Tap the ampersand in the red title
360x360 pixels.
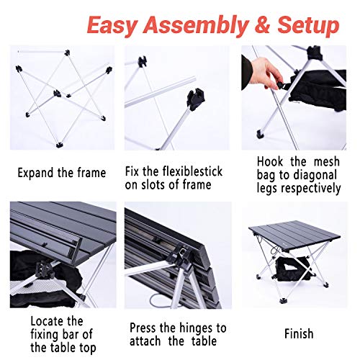261,24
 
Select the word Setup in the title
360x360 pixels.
308,26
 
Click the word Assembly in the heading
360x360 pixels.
195,26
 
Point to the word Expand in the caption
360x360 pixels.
36,174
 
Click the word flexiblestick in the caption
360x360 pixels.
192,171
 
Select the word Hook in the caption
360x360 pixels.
270,161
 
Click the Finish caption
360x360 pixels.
299,334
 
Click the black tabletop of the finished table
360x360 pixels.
294,235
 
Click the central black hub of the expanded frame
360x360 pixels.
57,94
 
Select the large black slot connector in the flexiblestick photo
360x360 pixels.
196,99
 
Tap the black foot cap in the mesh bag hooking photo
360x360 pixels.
260,134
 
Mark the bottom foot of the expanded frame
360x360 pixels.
59,145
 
